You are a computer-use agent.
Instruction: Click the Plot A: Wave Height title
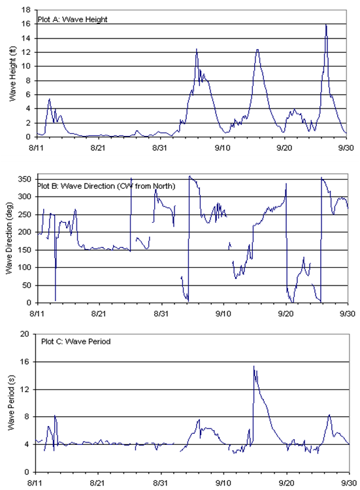73,20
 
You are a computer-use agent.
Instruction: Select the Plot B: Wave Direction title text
106,186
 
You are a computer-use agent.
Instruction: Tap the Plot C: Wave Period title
76,341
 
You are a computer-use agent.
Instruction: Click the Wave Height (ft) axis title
12,74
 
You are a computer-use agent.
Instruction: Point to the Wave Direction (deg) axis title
9,238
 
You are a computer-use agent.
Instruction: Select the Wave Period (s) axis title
11,403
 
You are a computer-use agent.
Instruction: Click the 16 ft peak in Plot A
326,25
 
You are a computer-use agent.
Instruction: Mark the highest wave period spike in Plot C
254,367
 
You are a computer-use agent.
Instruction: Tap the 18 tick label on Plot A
26,10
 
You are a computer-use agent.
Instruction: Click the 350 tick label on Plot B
24,179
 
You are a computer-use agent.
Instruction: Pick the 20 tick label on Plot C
24,334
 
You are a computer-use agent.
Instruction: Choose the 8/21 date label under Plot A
98,148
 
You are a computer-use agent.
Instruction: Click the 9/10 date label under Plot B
223,313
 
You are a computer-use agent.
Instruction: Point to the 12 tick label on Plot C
24,389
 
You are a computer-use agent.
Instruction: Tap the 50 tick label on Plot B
27,285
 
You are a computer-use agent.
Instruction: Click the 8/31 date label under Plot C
160,483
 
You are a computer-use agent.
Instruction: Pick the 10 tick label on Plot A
26,66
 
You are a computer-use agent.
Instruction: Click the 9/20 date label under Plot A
284,148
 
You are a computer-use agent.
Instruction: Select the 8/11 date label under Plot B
37,313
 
